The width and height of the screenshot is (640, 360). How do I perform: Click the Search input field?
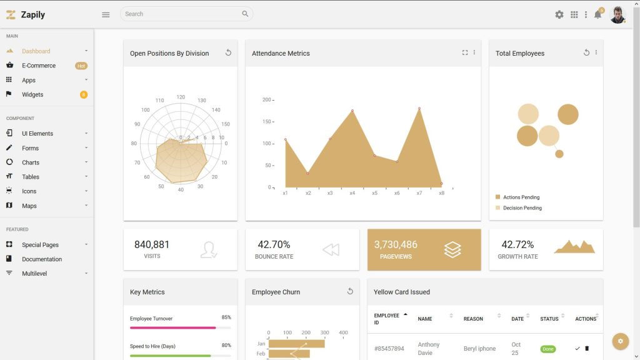(x=181, y=14)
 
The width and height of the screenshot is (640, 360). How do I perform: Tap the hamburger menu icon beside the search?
(x=106, y=14)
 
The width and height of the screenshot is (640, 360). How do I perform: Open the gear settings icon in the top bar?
(x=559, y=14)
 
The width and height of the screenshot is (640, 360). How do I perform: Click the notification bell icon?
(x=597, y=14)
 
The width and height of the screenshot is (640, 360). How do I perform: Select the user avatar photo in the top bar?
(x=617, y=14)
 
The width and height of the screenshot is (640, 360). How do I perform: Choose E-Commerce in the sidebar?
(x=39, y=66)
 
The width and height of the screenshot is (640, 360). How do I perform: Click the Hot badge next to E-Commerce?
(x=81, y=66)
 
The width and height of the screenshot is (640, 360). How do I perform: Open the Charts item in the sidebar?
(x=31, y=162)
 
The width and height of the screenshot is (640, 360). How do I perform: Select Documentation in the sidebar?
(x=42, y=259)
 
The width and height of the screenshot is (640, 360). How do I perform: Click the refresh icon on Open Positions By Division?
(x=228, y=52)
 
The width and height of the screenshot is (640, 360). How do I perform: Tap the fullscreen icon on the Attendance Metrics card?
(x=465, y=52)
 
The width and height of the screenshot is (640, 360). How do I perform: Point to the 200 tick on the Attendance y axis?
(x=267, y=100)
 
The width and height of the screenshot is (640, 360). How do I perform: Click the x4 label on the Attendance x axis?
(x=352, y=193)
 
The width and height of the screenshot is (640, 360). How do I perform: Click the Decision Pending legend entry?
(x=522, y=208)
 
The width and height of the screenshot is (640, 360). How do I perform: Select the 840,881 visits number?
(x=152, y=244)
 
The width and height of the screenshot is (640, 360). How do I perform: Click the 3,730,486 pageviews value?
(x=396, y=244)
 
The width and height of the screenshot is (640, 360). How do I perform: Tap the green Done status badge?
(x=548, y=349)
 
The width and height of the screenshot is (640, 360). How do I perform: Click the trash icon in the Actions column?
(x=587, y=348)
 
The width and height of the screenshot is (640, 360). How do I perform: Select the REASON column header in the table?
(x=473, y=319)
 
